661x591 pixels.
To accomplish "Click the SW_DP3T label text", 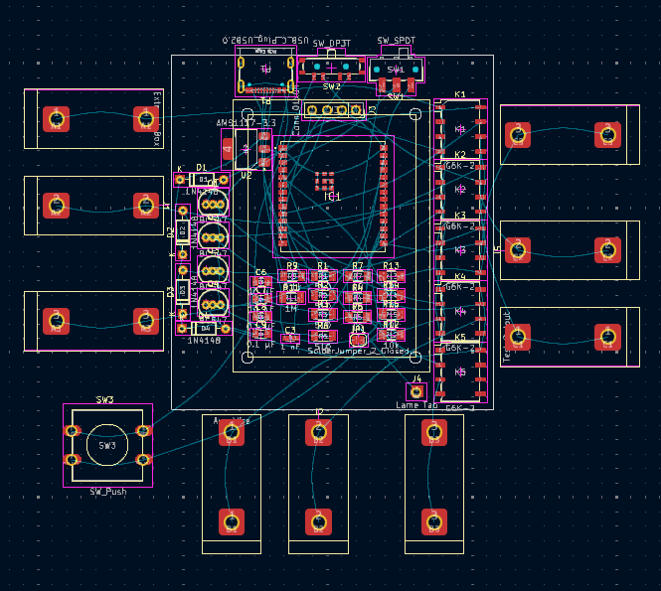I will pos(332,45).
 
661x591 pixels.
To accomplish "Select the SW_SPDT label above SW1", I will pos(396,41).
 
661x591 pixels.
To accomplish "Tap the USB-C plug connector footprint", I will pos(265,71).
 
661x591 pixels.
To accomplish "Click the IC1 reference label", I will pos(333,198).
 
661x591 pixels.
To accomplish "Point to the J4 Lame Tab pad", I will pos(416,392).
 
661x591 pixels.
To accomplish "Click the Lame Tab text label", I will pos(416,405).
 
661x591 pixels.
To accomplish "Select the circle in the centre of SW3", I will pos(106,446).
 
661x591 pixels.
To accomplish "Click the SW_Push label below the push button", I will pos(107,492).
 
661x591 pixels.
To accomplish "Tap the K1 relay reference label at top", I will pos(459,95).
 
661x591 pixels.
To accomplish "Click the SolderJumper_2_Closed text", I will pos(358,351).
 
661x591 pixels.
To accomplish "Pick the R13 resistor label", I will pos(391,266).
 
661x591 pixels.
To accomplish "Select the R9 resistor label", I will pos(292,266).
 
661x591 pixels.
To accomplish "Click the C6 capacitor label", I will pos(260,272).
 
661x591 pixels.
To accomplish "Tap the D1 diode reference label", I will pos(201,168).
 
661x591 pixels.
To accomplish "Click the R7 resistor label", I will pos(357,266).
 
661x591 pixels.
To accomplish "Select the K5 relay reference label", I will pos(459,338).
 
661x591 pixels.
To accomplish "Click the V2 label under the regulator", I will pos(246,175).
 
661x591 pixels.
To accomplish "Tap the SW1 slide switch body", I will pos(395,71).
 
